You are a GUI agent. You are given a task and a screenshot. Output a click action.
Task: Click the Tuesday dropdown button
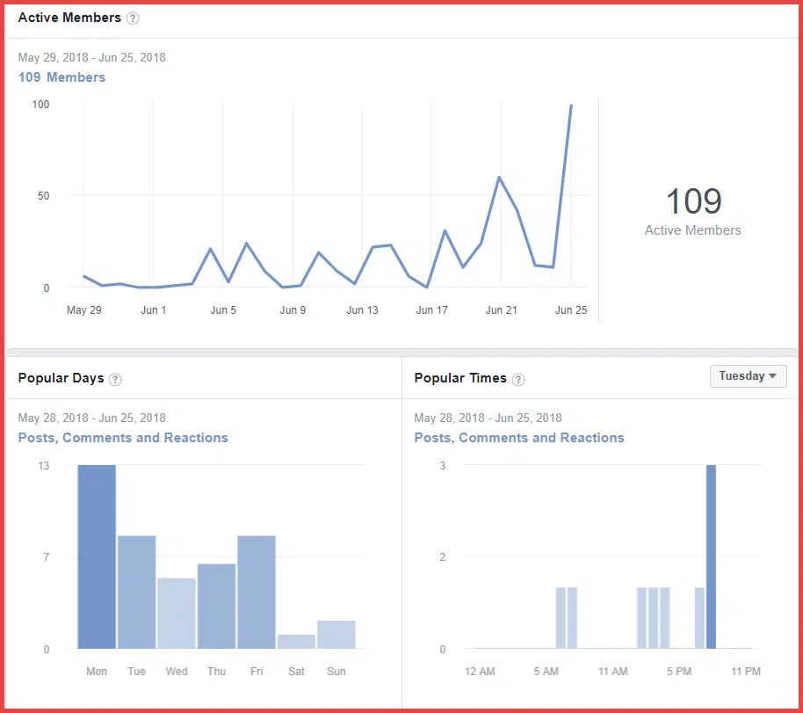point(748,376)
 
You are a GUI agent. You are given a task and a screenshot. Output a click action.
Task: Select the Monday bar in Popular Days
point(97,557)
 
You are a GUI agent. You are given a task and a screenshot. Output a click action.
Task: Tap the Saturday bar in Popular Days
point(297,642)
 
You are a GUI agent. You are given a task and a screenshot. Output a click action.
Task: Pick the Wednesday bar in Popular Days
point(177,614)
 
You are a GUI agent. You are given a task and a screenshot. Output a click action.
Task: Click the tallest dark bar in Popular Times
point(711,557)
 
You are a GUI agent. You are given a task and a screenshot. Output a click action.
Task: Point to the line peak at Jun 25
point(571,105)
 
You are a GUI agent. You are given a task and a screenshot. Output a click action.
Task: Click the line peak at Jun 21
point(500,177)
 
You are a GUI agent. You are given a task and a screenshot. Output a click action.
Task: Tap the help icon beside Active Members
point(133,18)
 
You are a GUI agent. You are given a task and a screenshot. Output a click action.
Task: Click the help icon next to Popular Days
point(115,379)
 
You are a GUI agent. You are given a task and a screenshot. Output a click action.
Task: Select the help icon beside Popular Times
point(518,379)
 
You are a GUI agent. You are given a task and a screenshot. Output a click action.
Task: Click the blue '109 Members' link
point(61,77)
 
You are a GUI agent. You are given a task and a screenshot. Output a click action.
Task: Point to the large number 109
point(693,201)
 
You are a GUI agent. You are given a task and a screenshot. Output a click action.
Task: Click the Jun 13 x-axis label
point(362,310)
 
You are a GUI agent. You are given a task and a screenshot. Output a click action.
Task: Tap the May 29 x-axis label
point(83,310)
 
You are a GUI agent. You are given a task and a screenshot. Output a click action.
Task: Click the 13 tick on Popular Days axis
point(43,465)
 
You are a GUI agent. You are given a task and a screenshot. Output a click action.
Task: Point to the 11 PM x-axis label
point(745,672)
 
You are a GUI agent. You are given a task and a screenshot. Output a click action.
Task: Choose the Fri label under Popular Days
point(257,672)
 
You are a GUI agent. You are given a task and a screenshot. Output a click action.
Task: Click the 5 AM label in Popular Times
point(546,672)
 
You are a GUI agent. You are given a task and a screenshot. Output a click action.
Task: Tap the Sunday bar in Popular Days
point(336,635)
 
